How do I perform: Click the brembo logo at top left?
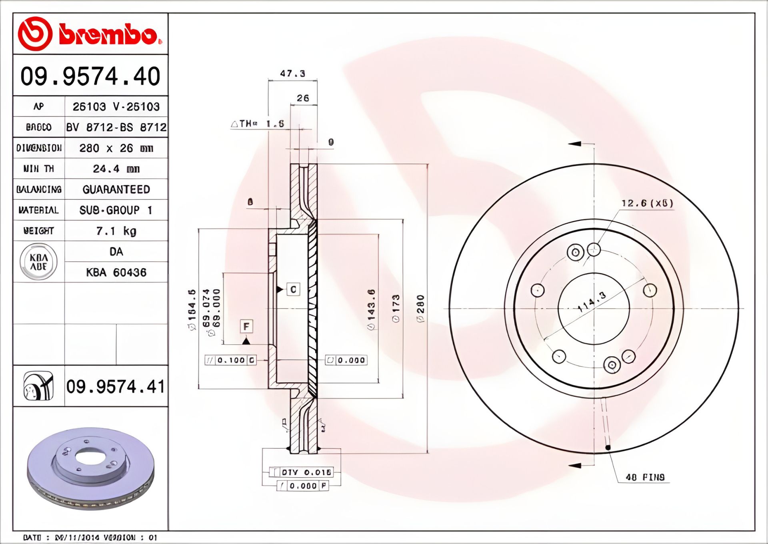click(x=90, y=34)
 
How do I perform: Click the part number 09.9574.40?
click(x=90, y=76)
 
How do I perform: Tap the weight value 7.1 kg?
click(x=116, y=231)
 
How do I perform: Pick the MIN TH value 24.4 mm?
click(x=116, y=169)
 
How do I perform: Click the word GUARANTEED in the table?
click(x=116, y=189)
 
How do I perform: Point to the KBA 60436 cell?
click(x=116, y=273)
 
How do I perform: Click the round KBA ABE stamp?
click(x=38, y=262)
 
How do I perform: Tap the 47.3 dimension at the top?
click(x=292, y=74)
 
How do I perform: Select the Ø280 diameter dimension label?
click(x=420, y=309)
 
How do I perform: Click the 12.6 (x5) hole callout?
click(x=647, y=203)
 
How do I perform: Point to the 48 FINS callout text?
click(x=645, y=477)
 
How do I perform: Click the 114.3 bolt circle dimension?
click(x=592, y=302)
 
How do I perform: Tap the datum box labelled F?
click(x=246, y=326)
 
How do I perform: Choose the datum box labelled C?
click(x=293, y=289)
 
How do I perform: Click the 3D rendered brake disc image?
click(x=90, y=468)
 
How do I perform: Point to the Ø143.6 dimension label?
click(x=371, y=309)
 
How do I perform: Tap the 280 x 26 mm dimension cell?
click(x=116, y=148)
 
